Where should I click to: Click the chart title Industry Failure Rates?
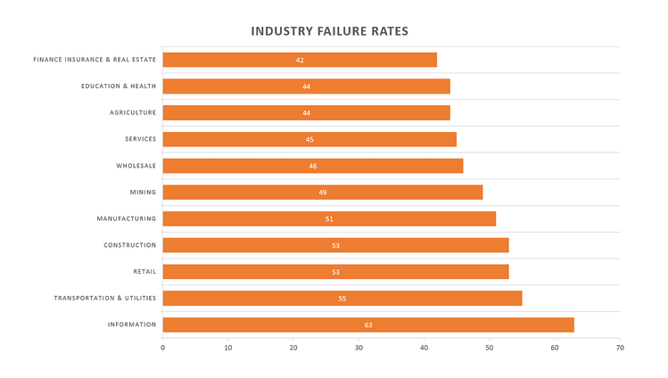[x=330, y=31]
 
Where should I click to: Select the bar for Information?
[x=367, y=325]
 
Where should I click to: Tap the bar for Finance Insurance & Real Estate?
[x=300, y=60]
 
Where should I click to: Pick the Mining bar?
[x=323, y=193]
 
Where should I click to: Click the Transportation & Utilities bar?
[x=342, y=298]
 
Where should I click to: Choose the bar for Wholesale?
[x=313, y=166]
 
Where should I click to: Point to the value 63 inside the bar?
[x=368, y=325]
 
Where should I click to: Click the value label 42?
[x=300, y=61]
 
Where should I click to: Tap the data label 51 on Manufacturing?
[x=329, y=219]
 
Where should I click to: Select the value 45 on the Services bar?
[x=309, y=140]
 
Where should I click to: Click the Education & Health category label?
[x=119, y=86]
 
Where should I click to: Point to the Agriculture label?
[x=133, y=112]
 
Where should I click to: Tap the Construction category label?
[x=129, y=245]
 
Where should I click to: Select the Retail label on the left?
[x=144, y=271]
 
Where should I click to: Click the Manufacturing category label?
[x=127, y=218]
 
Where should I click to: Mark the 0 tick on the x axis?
[x=162, y=347]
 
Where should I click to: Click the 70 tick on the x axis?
[x=620, y=347]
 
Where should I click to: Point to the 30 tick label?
[x=359, y=347]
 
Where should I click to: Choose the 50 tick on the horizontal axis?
[x=490, y=347]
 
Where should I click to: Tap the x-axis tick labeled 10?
[x=228, y=347]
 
